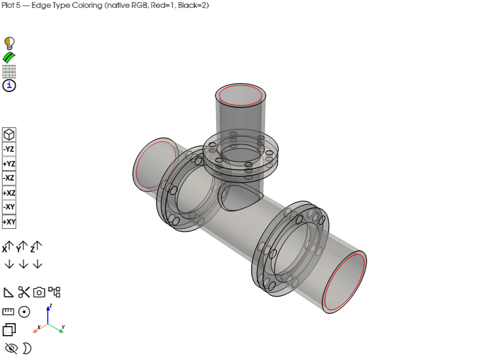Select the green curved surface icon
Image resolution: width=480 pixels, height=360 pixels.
click(9, 58)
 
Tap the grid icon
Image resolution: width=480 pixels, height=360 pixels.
click(9, 72)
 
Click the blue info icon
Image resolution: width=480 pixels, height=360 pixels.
click(9, 85)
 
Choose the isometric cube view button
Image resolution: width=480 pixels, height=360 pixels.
click(9, 135)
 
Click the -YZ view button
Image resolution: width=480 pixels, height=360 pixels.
click(9, 149)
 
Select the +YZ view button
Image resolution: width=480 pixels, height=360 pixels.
click(9, 164)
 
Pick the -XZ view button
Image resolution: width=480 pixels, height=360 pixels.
click(9, 178)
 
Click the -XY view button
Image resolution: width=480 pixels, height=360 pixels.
click(9, 207)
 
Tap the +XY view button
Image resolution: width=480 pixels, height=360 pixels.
click(9, 222)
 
